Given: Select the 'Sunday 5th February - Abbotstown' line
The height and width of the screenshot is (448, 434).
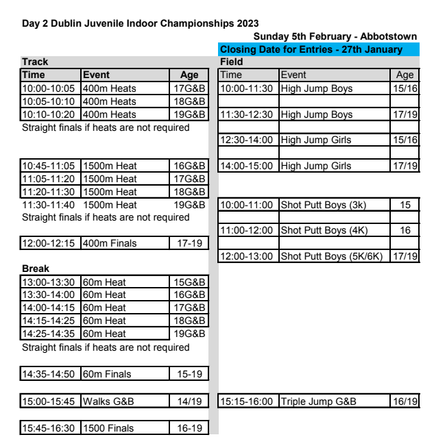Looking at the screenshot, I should click(335, 37).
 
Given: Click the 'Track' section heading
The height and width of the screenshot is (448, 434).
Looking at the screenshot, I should click(34, 62).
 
